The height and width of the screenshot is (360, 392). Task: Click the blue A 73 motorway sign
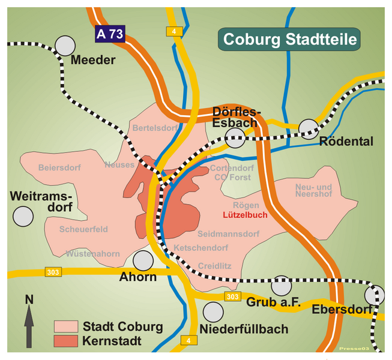click(110, 34)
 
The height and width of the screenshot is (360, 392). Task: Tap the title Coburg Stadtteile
click(290, 40)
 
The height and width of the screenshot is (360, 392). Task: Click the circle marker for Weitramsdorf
click(23, 216)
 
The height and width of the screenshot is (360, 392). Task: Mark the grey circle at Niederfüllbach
click(213, 312)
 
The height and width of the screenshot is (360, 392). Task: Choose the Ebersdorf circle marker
click(375, 295)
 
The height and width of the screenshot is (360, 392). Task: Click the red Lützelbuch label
click(245, 214)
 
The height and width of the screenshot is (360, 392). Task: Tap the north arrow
click(29, 321)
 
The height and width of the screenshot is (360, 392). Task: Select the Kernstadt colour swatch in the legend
click(65, 341)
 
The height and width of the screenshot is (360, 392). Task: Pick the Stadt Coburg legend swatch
click(65, 326)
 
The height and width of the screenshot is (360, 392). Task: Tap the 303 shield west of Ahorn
click(53, 272)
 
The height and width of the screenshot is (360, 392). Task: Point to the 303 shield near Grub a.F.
click(232, 297)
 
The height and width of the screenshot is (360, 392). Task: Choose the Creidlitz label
click(214, 265)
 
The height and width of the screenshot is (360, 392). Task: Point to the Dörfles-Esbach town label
click(237, 117)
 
